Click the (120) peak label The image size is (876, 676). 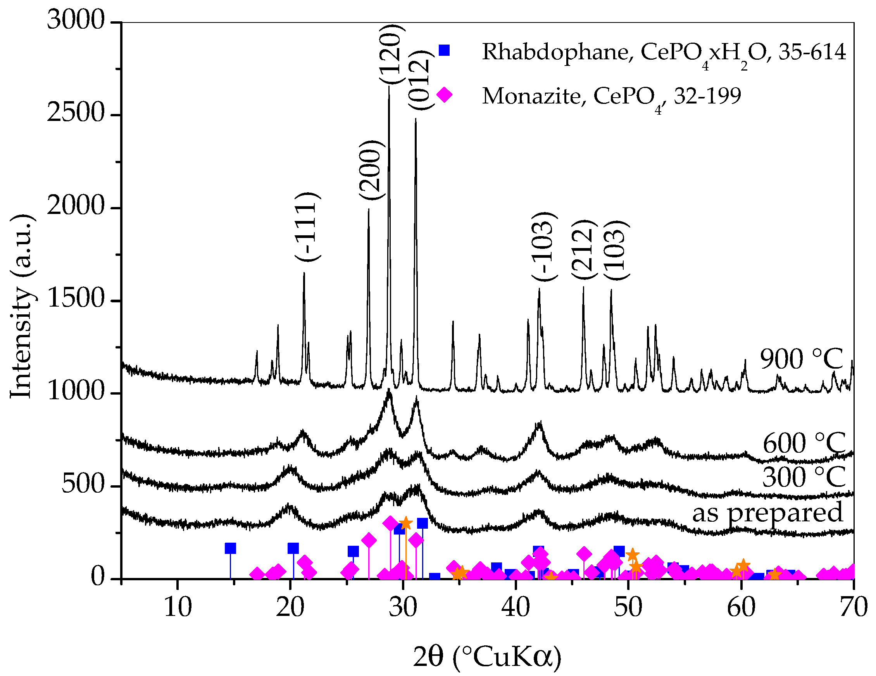click(390, 54)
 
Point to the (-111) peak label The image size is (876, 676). click(308, 227)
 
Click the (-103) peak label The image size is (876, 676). click(544, 246)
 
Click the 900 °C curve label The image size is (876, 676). click(801, 359)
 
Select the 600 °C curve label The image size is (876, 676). click(804, 443)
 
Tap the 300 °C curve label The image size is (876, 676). click(804, 477)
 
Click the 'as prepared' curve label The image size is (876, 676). click(767, 512)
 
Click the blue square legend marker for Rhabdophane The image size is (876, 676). click(444, 50)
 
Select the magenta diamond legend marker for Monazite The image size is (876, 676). click(444, 95)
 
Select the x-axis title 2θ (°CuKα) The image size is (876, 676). click(487, 657)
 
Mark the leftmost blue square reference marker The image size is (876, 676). click(230, 548)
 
